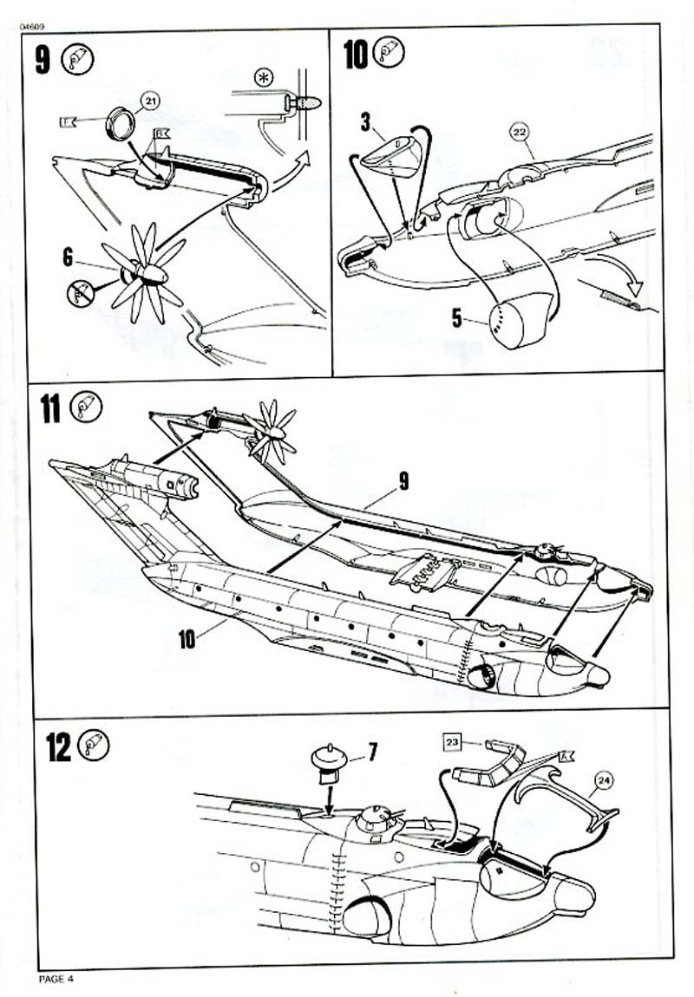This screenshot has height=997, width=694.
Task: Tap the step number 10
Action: point(356,54)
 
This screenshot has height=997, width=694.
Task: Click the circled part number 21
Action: point(151,102)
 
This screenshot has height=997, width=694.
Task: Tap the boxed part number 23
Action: point(453,741)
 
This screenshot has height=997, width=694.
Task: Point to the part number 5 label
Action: point(457,317)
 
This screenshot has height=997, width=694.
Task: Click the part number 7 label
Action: point(372,746)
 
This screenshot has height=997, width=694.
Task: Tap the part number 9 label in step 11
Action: point(403,483)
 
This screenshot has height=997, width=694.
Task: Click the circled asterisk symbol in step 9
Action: point(263,77)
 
